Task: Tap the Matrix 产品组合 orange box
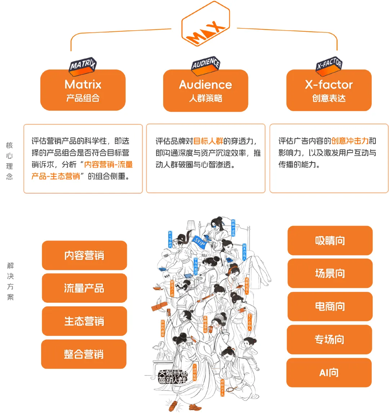pos(83,90)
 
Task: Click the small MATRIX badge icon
pos(83,66)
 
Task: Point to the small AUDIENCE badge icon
pos(206,65)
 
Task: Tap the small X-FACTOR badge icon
pos(329,65)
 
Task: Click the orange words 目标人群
pos(208,141)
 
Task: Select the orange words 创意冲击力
pos(350,141)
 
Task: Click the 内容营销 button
pos(84,256)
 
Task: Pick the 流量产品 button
pos(84,288)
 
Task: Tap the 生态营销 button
pos(84,321)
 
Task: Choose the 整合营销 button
pos(84,354)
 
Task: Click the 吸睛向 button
pos(330,240)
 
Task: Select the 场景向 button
pos(330,273)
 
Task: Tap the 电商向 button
pos(330,306)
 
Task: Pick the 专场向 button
pos(329,340)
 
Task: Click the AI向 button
pos(329,373)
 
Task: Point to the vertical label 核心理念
pos(10,161)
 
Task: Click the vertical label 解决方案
pos(10,281)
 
